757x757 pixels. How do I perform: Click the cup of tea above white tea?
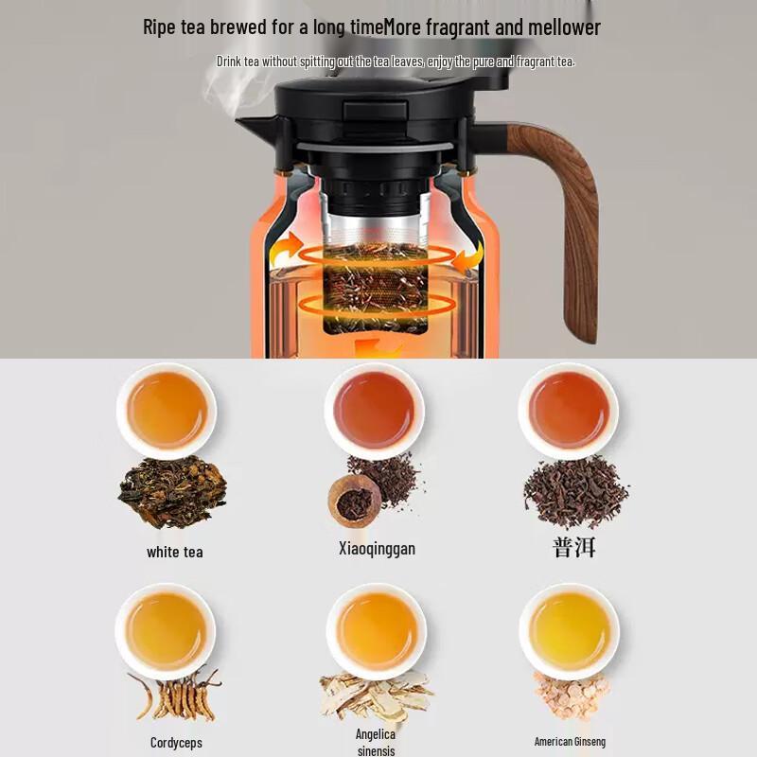tap(167, 411)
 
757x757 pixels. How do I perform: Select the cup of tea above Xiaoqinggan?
tap(375, 411)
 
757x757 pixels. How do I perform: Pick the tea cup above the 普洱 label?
tap(569, 411)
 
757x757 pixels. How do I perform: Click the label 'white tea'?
tap(174, 552)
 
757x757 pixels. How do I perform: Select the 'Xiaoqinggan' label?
tap(377, 549)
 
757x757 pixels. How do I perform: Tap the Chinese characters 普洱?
tap(573, 549)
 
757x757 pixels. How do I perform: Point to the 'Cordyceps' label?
tap(176, 743)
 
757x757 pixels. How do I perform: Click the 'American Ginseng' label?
tap(570, 742)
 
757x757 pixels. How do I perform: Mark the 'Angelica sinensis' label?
tap(376, 743)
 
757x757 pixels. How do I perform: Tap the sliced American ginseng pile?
tap(571, 695)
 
